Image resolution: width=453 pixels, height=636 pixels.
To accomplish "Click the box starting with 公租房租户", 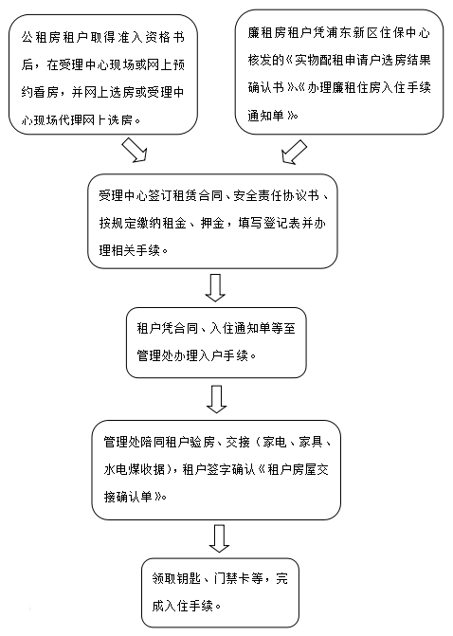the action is coord(103,75).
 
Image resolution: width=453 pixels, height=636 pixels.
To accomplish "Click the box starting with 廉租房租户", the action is coord(339,72).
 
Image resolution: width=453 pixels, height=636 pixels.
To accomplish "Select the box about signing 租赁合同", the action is coord(212,222).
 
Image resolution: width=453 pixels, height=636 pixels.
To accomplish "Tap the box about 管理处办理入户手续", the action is coord(216,343).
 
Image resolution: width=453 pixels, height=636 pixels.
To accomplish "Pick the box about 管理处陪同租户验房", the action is coord(216,470).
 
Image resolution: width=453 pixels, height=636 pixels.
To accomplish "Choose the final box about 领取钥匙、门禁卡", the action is coord(220,592).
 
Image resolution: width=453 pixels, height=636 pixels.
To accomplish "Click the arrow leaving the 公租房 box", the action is coord(135,150).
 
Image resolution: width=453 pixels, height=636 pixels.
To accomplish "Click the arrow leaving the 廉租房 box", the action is coord(294,152).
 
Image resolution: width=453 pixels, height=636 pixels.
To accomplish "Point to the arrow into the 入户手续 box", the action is coord(215,288).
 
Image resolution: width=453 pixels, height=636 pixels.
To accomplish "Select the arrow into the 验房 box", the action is coord(217,399).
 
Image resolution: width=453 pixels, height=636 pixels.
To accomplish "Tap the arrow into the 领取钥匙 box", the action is coord(220,538).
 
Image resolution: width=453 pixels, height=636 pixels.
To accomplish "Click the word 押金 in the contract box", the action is coord(212,223).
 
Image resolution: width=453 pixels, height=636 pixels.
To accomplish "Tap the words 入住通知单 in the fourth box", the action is coord(239,328).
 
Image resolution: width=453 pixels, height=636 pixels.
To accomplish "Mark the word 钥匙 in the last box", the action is coord(189,578).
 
